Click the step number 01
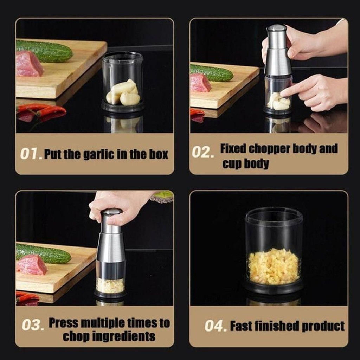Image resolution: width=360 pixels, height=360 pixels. click(31, 154)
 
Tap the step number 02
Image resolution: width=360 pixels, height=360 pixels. click(203, 152)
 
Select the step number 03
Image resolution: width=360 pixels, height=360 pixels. click(33, 325)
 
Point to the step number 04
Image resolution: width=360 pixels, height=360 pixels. click(216, 326)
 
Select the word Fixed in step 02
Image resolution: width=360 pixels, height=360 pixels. click(233, 149)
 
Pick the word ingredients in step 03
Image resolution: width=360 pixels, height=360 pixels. click(124, 337)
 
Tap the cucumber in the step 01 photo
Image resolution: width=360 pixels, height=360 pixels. click(44, 51)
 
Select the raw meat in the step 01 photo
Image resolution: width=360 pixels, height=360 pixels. click(29, 64)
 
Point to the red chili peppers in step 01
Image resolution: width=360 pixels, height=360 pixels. click(41, 112)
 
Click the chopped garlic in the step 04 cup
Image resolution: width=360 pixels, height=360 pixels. click(274, 266)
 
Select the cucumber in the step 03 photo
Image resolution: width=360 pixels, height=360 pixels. click(44, 254)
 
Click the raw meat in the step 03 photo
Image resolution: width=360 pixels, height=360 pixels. click(32, 265)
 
